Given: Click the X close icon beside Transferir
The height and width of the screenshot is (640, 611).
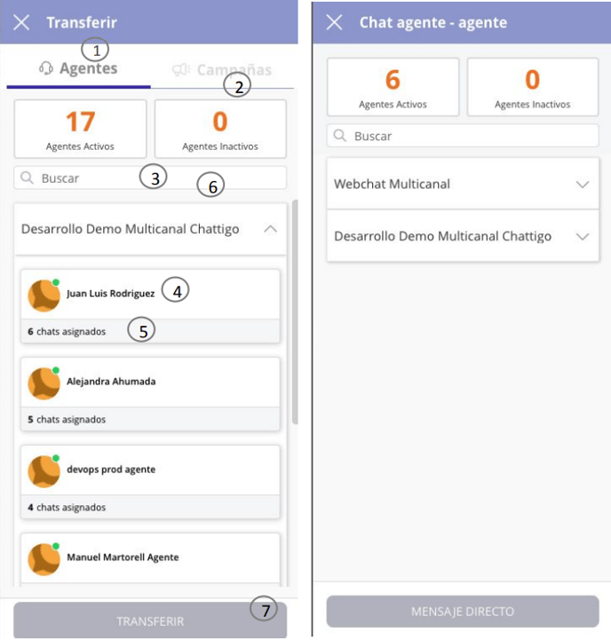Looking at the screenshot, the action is pyautogui.click(x=21, y=22).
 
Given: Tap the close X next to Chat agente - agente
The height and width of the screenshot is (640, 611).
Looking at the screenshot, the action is pyautogui.click(x=334, y=22).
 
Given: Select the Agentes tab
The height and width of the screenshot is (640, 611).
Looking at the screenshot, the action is pyautogui.click(x=78, y=68).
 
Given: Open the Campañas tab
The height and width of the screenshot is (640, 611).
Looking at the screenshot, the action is pyautogui.click(x=222, y=70).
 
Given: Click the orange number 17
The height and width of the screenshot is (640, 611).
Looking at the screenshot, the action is pyautogui.click(x=81, y=122).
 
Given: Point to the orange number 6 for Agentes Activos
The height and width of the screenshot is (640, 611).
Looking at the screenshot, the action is pyautogui.click(x=393, y=80).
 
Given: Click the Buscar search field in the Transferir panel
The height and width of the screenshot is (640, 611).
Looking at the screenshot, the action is pyautogui.click(x=150, y=178).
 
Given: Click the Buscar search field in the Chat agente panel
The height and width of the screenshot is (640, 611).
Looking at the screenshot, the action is pyautogui.click(x=463, y=136).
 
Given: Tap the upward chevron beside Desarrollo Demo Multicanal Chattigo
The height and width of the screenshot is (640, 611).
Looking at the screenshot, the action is pyautogui.click(x=270, y=229).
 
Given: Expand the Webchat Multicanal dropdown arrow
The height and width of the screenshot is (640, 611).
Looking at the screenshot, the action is pyautogui.click(x=583, y=185).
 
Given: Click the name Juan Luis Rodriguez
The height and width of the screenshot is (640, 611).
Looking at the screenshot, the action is pyautogui.click(x=111, y=294).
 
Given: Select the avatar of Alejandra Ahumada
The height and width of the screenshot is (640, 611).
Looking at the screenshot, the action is pyautogui.click(x=44, y=383).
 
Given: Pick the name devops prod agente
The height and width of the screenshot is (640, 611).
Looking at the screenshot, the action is pyautogui.click(x=111, y=470).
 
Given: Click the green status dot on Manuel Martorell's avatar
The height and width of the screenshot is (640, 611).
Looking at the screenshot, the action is pyautogui.click(x=56, y=546).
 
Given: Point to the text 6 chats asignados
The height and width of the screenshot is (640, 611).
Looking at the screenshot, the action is pyautogui.click(x=67, y=331).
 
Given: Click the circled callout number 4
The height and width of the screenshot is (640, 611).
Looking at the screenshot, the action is pyautogui.click(x=176, y=290).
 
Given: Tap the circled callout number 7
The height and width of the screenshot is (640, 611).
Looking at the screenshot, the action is pyautogui.click(x=264, y=609).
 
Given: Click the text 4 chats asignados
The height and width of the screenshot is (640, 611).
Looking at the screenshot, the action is pyautogui.click(x=67, y=508).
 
